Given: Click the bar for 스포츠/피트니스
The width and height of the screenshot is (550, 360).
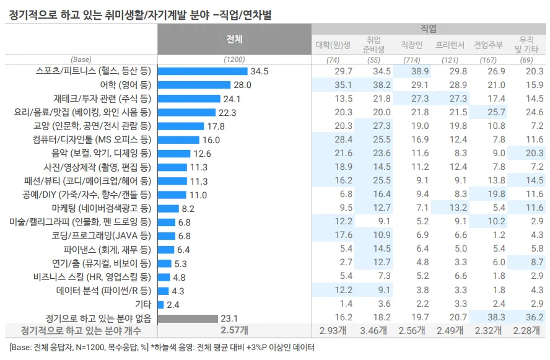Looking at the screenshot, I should pos(203,71).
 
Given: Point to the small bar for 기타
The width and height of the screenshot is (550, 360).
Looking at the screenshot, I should pos(160,304).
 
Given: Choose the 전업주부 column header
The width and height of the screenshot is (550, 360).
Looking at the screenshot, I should pos(489,45).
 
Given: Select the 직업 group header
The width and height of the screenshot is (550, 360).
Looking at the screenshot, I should pos(428,29).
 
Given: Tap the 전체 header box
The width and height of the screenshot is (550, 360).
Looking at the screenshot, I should pos(234,38).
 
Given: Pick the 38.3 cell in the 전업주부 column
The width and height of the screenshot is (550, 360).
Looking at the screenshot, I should pos(489,318).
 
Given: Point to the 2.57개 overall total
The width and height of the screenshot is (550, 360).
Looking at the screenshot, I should pos(234,330).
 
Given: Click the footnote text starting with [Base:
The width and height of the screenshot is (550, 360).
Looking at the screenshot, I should pos(161,348).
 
